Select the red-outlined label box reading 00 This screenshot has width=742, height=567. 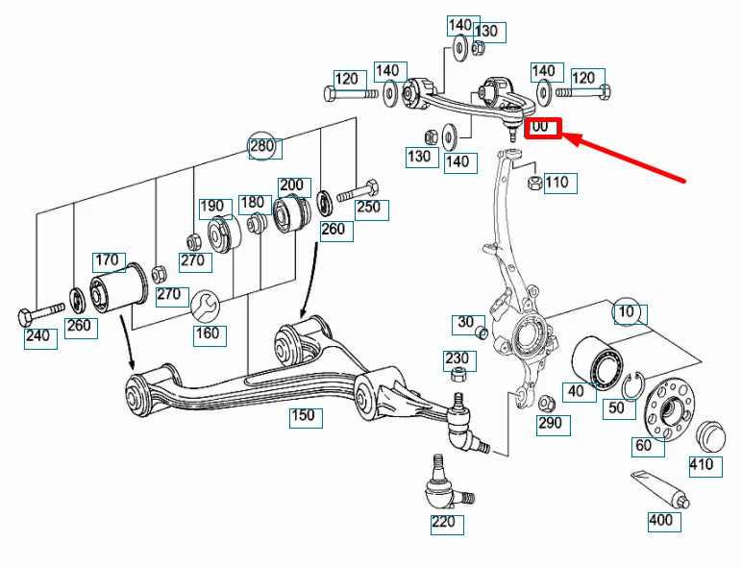tap(542, 127)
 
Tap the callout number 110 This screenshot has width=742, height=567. tap(556, 182)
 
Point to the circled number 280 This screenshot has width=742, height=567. tap(262, 146)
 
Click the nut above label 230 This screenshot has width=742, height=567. tap(460, 374)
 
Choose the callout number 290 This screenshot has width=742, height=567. tap(550, 422)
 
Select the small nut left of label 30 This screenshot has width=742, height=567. tap(482, 333)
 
